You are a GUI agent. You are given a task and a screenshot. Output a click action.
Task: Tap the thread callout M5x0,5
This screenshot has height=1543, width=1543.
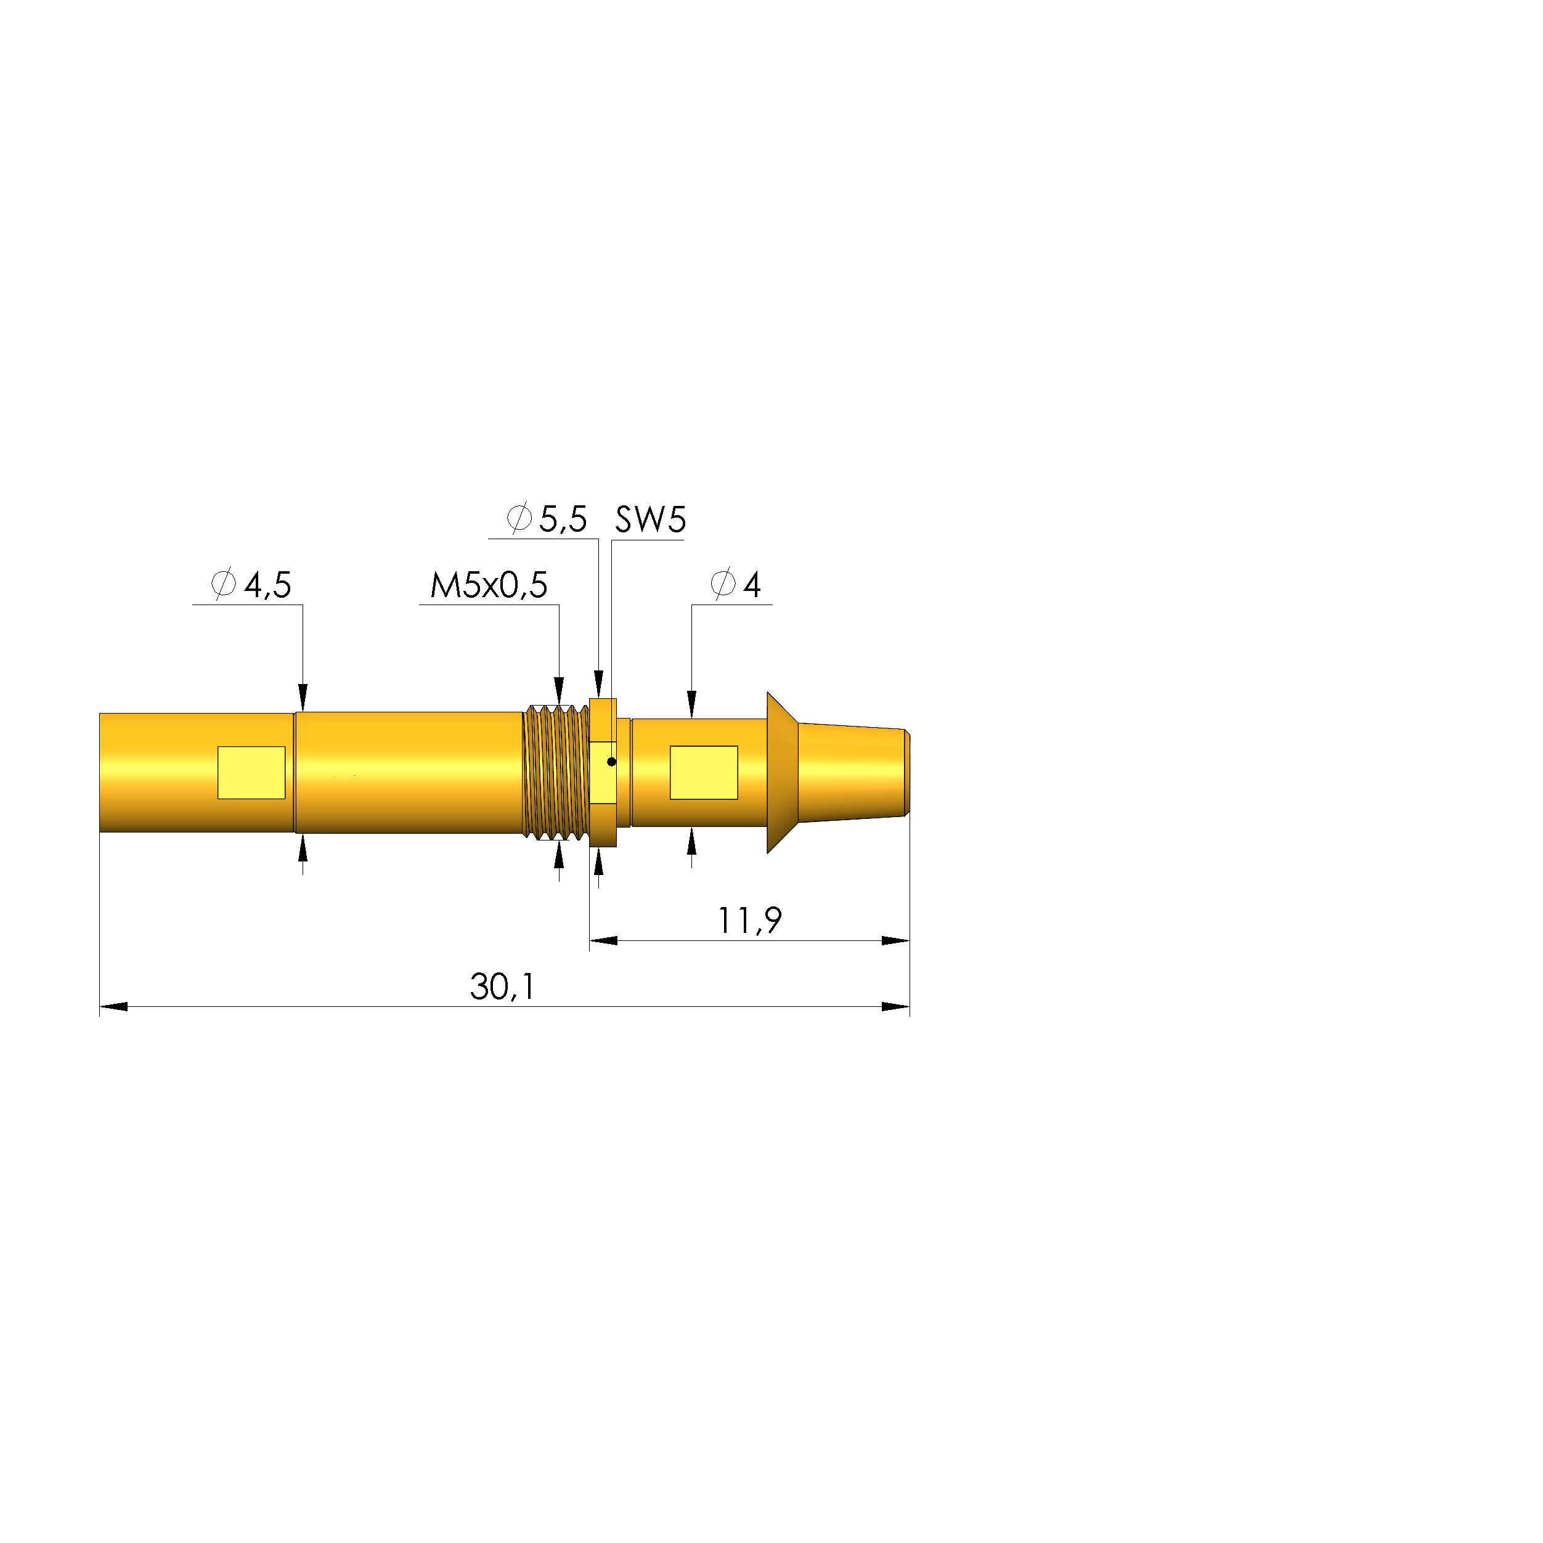click(489, 585)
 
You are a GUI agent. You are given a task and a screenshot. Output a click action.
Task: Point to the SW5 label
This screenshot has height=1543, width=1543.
click(650, 520)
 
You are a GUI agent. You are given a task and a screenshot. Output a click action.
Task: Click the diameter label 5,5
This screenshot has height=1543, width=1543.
click(563, 520)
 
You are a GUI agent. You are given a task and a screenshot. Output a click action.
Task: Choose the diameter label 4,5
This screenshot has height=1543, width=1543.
click(267, 585)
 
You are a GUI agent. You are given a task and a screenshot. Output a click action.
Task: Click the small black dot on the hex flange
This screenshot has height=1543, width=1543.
click(612, 762)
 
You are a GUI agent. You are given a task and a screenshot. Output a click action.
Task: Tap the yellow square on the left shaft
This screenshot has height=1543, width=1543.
click(251, 772)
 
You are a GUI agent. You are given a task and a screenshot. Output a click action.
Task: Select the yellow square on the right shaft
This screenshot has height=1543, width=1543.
click(704, 772)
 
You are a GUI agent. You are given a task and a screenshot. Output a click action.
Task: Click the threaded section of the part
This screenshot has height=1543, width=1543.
click(556, 772)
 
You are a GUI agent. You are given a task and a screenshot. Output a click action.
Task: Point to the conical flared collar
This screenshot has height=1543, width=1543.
click(783, 772)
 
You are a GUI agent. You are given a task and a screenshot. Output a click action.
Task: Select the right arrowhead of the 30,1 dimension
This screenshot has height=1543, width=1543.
click(896, 1006)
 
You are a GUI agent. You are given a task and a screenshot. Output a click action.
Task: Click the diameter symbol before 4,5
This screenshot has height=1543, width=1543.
click(224, 584)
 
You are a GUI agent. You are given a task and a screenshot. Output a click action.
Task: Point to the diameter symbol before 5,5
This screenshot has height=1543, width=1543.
click(519, 518)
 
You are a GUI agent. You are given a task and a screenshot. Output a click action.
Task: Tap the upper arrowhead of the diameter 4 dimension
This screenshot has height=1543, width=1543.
click(691, 705)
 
